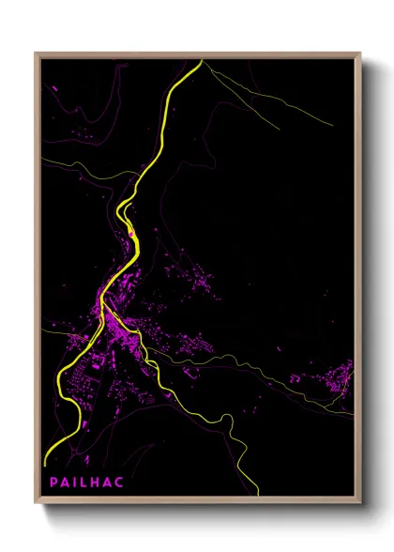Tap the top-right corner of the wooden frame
point(361,53)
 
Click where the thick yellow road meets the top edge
point(202,60)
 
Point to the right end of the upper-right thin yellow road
point(333,125)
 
